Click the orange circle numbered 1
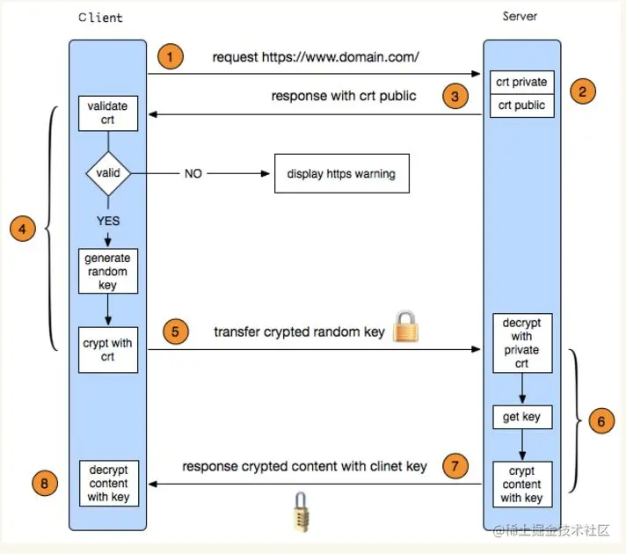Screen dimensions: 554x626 (x=171, y=57)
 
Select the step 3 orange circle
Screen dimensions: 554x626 (x=455, y=97)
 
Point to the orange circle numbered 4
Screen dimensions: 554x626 (x=23, y=230)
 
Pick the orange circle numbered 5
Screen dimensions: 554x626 (x=175, y=332)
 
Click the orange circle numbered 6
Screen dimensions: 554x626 (x=601, y=421)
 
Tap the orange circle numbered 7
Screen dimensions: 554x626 (x=454, y=466)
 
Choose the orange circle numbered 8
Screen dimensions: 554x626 (x=45, y=482)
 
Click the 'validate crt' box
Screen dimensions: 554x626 (x=108, y=112)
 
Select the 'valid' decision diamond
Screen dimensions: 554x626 (x=108, y=173)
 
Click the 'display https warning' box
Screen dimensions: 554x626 (x=341, y=174)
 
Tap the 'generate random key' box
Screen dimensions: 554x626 (x=108, y=272)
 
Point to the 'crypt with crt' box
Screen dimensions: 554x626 (x=108, y=349)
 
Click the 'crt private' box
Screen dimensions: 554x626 (x=521, y=83)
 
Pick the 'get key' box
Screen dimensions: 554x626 (x=521, y=417)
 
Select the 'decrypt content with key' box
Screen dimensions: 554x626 (x=108, y=484)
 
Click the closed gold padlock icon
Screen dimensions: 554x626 (x=405, y=326)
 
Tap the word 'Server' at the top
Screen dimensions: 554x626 (x=520, y=16)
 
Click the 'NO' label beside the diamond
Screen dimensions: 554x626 (x=193, y=173)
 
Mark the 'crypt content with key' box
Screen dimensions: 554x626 (x=521, y=485)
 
